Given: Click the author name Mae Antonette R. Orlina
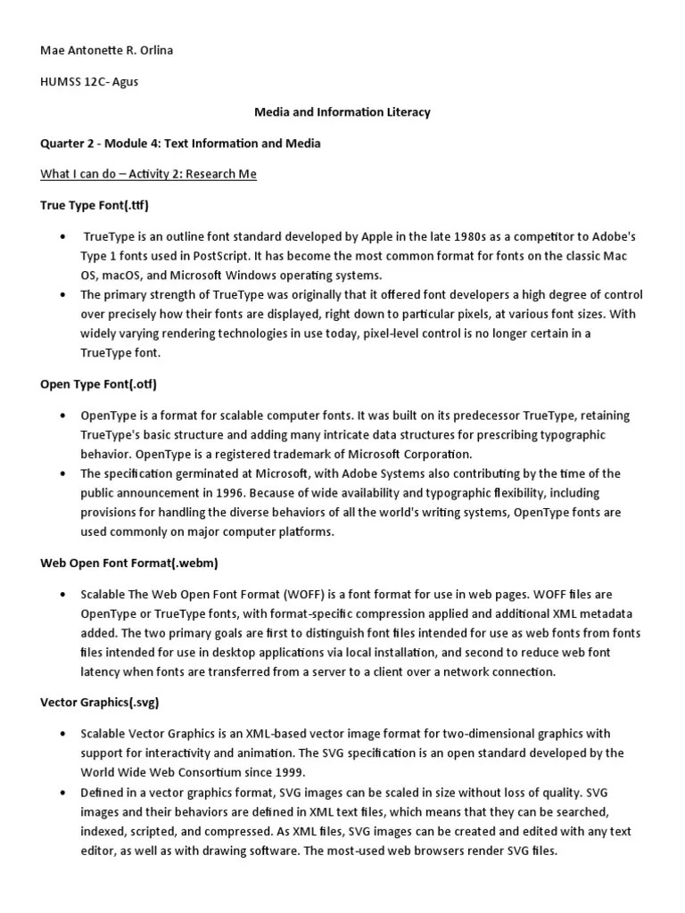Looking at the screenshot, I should point(107,51).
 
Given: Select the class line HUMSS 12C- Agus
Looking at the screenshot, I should point(89,82).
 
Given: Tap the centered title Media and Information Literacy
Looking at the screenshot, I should point(342,112).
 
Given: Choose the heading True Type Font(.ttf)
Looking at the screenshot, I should point(95,205).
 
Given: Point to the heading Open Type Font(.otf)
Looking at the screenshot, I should point(98,384).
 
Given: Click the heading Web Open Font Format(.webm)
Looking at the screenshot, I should point(129,563).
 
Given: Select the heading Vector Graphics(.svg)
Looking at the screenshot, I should point(100,703).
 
